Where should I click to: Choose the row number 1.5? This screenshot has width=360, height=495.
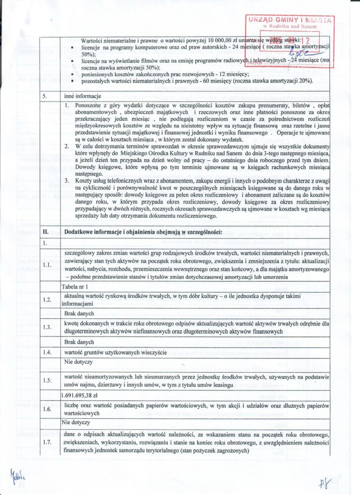click(47, 380)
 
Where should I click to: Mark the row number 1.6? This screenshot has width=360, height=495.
click(47, 409)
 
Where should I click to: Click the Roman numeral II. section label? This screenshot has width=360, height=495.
click(45, 232)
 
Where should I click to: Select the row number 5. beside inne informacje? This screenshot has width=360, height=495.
click(44, 96)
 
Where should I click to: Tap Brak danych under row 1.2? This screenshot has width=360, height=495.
click(79, 314)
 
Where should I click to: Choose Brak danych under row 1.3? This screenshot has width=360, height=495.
click(79, 342)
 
